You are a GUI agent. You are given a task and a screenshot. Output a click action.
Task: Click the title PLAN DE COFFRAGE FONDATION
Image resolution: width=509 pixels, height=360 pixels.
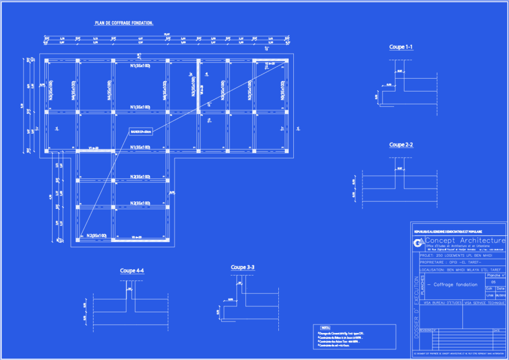click(124, 23)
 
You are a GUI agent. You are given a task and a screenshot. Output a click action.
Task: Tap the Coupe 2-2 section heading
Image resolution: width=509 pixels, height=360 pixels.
click(401, 145)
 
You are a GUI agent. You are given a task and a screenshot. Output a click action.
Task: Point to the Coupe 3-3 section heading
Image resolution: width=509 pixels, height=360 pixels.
click(243, 268)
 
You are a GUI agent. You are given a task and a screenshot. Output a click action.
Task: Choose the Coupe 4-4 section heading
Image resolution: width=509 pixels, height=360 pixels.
click(132, 271)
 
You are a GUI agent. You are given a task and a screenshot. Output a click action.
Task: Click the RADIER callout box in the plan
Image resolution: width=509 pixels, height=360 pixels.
click(140, 131)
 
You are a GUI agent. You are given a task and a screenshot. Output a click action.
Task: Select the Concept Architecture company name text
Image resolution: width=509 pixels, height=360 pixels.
click(465, 241)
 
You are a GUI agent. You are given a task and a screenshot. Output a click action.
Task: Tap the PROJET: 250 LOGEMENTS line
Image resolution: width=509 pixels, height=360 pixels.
click(456, 255)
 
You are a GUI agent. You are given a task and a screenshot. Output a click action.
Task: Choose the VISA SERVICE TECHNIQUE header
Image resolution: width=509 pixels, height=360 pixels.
click(485, 302)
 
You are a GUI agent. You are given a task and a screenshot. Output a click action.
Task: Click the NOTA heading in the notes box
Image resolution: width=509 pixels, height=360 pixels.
click(326, 328)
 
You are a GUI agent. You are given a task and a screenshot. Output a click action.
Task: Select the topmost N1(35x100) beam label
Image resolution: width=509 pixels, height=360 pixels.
click(140, 66)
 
